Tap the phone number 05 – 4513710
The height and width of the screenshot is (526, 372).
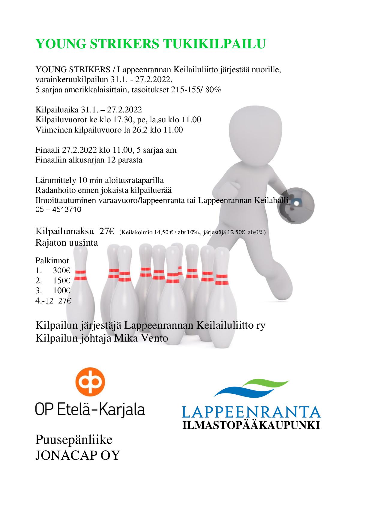[x=58, y=210]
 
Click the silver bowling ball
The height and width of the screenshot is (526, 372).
[x=295, y=205]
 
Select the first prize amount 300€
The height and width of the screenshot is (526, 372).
[x=61, y=270]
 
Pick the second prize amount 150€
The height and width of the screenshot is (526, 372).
[x=61, y=281]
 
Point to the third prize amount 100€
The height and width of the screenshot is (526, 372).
[x=61, y=291]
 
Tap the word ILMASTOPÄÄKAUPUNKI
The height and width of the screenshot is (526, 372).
[x=251, y=425]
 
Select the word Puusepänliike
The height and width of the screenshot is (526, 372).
[x=74, y=440]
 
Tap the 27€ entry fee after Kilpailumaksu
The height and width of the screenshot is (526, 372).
[x=107, y=232]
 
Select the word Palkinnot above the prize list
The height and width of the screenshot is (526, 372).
[x=52, y=260]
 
